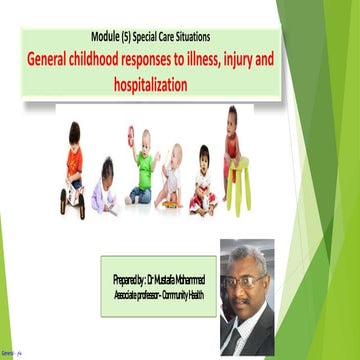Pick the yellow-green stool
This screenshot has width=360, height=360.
pos(236,186)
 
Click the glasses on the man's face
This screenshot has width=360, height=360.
pos(247,281)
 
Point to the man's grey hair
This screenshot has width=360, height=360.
pos(248,257)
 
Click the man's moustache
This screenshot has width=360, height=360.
pos(246,301)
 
